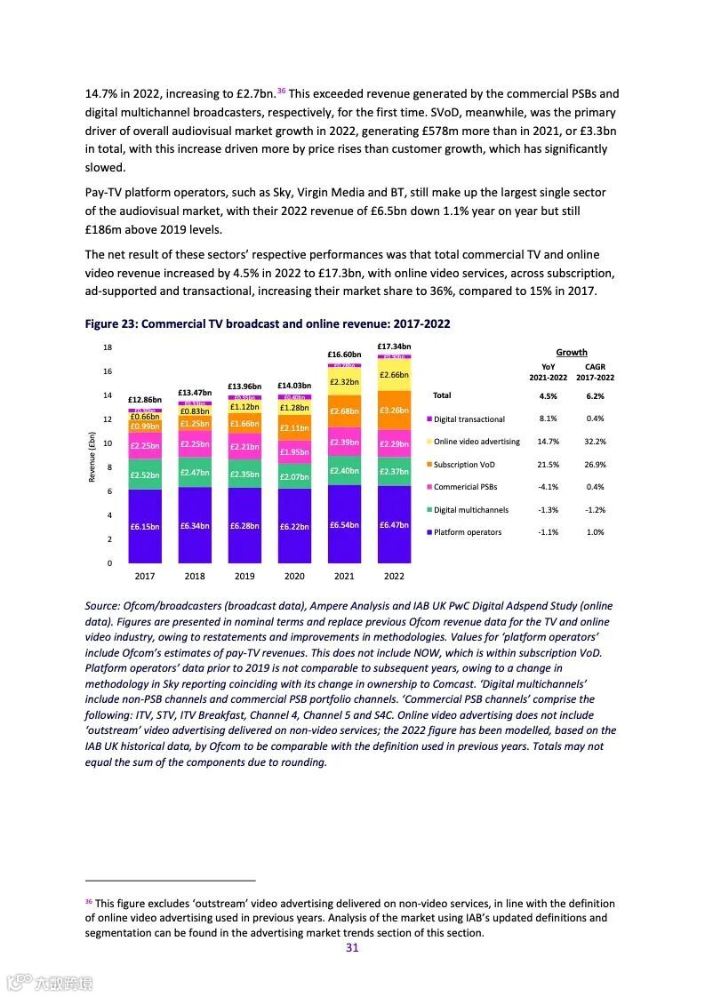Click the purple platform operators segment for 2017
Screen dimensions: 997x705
(x=144, y=526)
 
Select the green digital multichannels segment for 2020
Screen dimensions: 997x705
(x=293, y=477)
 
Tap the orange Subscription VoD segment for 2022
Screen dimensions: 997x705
(x=394, y=411)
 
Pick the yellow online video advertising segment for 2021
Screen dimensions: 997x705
(x=344, y=382)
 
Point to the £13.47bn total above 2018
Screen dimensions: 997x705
(x=194, y=392)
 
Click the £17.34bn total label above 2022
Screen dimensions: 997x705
(x=394, y=346)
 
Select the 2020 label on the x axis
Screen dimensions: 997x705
(x=293, y=576)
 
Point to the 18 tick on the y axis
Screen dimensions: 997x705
(x=108, y=347)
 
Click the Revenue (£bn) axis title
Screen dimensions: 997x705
(x=92, y=457)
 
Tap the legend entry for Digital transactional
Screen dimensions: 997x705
(x=469, y=419)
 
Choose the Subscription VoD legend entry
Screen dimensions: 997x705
(x=464, y=465)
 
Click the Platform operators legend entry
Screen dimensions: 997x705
(x=468, y=532)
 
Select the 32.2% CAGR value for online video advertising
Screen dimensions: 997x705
(x=595, y=442)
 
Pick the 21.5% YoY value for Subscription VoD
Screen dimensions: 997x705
(x=548, y=465)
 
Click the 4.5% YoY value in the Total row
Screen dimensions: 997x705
(x=548, y=396)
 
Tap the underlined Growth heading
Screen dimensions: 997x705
(x=571, y=352)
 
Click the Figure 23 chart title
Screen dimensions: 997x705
(x=268, y=323)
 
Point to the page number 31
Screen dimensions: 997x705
(x=352, y=948)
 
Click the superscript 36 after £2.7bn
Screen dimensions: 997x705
(x=281, y=91)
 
